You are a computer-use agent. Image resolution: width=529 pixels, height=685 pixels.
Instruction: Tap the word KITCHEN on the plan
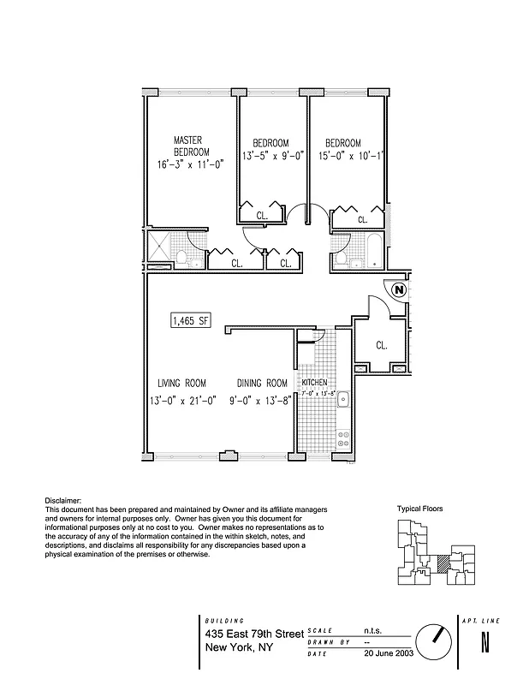(x=314, y=382)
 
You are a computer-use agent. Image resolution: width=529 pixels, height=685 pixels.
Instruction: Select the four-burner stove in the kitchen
(x=342, y=438)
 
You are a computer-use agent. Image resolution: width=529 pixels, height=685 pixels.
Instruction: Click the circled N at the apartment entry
(x=399, y=290)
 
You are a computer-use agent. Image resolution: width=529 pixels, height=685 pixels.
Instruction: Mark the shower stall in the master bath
(x=158, y=248)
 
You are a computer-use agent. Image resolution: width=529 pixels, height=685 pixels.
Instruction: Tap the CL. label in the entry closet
(x=382, y=346)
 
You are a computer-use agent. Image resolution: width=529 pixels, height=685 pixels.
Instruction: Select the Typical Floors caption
(x=419, y=509)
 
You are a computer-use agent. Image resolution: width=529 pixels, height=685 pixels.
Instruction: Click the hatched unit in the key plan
(x=443, y=563)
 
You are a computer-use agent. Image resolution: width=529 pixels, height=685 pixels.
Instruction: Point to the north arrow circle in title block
(x=434, y=640)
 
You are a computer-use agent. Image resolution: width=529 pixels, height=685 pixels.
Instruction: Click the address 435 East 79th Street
(x=254, y=634)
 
